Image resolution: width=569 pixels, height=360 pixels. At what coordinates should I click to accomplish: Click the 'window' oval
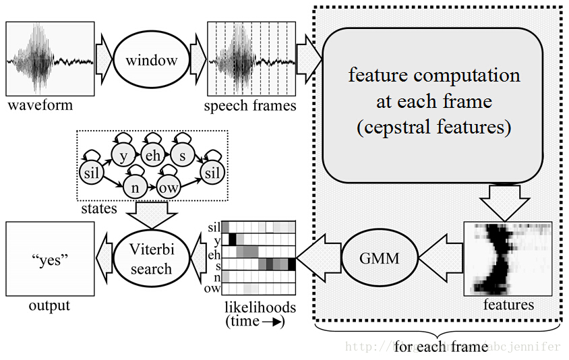tap(151, 60)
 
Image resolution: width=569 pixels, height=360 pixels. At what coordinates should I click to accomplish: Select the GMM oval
tap(380, 259)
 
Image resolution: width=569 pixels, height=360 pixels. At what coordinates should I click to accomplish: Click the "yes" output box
tap(49, 259)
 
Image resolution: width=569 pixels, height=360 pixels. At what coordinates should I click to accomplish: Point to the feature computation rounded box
tap(433, 105)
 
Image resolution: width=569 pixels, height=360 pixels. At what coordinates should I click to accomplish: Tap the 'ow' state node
tap(169, 187)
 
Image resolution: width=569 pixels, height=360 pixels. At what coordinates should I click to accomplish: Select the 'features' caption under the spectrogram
tap(508, 305)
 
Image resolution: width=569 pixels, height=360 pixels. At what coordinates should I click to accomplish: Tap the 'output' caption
tap(49, 305)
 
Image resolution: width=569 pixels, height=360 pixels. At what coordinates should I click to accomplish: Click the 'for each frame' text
tap(441, 347)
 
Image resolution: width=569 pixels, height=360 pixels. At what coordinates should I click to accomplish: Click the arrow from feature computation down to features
tap(508, 202)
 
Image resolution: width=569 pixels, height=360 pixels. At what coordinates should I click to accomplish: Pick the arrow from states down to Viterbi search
tap(152, 216)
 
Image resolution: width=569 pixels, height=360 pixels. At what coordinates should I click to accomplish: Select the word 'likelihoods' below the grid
tap(260, 307)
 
